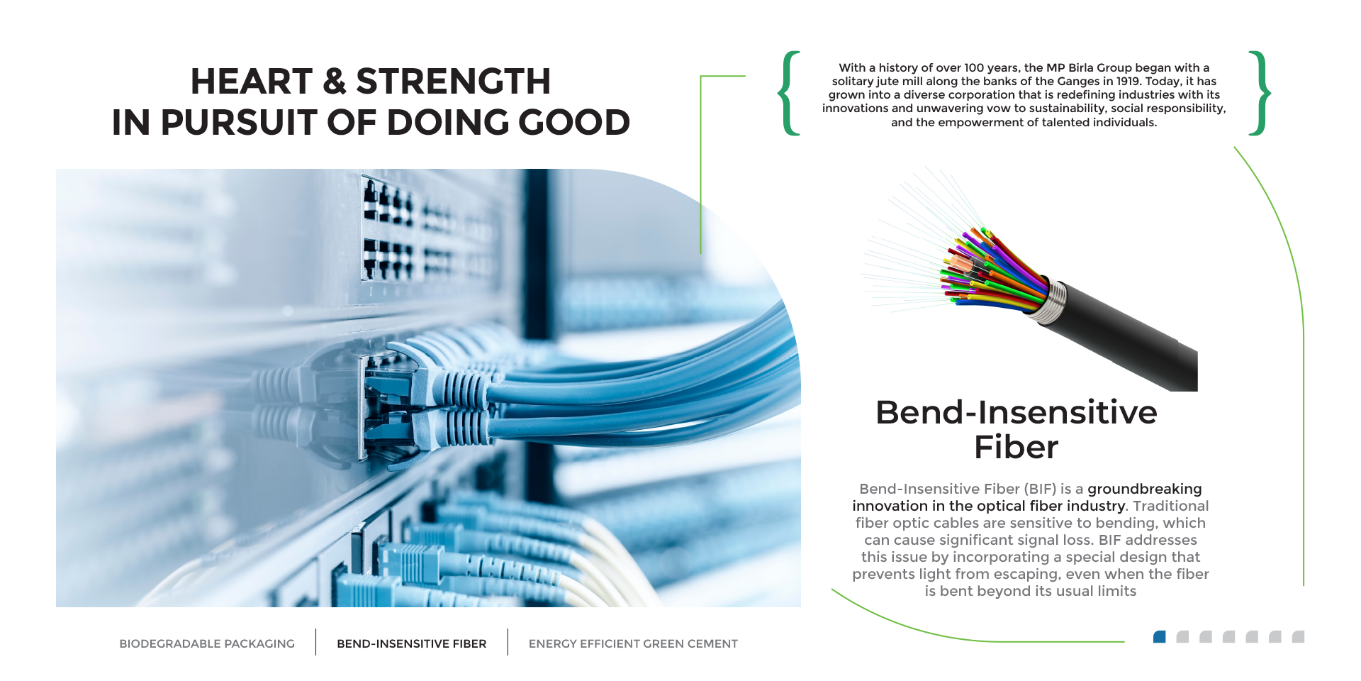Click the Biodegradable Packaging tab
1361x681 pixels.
tap(207, 643)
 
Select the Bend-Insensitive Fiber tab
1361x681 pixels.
tap(412, 643)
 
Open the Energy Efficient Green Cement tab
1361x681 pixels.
tap(633, 643)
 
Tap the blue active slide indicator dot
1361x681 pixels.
tap(1160, 636)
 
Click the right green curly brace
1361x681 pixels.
tap(1260, 93)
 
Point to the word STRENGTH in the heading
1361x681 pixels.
tap(453, 81)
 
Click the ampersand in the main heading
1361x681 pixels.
tap(335, 81)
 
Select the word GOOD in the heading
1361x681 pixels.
tap(574, 122)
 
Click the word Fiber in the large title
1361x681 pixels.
tap(1016, 447)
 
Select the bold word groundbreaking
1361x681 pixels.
tap(1145, 489)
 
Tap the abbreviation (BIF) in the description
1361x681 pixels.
tap(1040, 489)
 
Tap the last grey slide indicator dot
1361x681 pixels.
tap(1298, 636)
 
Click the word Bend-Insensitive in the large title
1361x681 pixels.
tap(1016, 412)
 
